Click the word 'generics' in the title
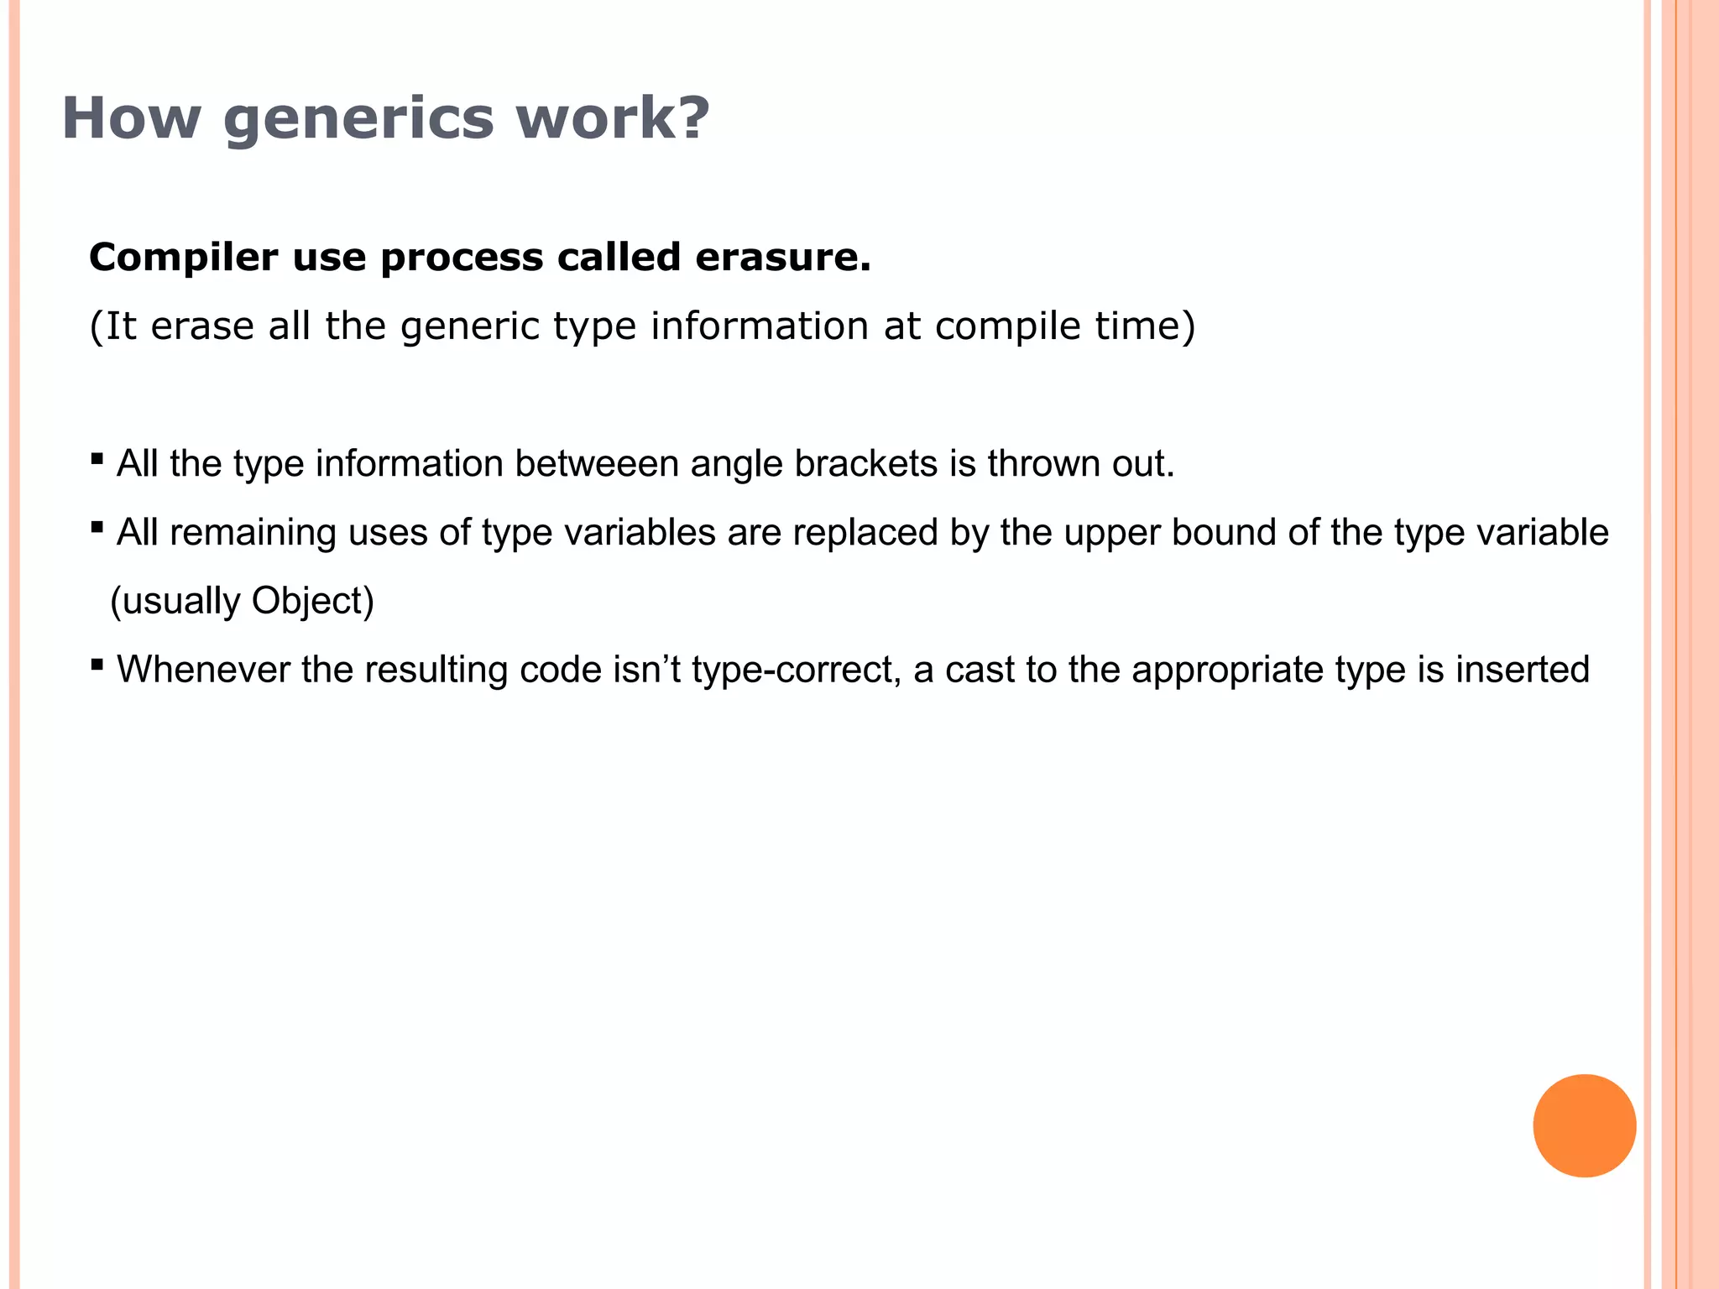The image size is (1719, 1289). (x=359, y=118)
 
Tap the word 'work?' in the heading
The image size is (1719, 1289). (x=613, y=118)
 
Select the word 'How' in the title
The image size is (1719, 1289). (x=131, y=118)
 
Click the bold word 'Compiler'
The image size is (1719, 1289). (x=183, y=257)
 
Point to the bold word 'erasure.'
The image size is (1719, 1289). (x=783, y=257)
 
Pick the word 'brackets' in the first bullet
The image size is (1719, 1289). (x=866, y=464)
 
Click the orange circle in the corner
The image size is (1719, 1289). (x=1584, y=1125)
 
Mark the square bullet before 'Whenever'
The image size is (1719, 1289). (x=97, y=665)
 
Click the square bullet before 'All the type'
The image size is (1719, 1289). (x=97, y=459)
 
